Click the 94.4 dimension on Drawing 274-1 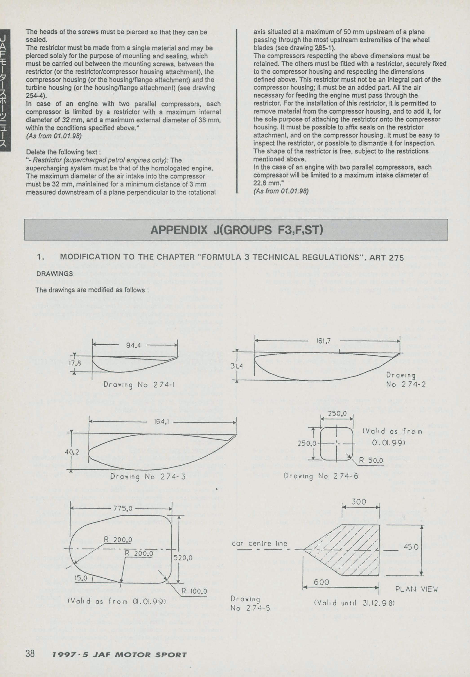click(133, 345)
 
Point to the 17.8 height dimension click(75, 363)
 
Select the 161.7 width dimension click(323, 341)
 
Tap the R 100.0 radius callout click(194, 591)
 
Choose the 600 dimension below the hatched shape click(321, 582)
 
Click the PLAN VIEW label click(416, 589)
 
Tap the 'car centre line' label click(259, 543)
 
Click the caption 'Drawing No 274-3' click(148, 476)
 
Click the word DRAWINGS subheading click(55, 273)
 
